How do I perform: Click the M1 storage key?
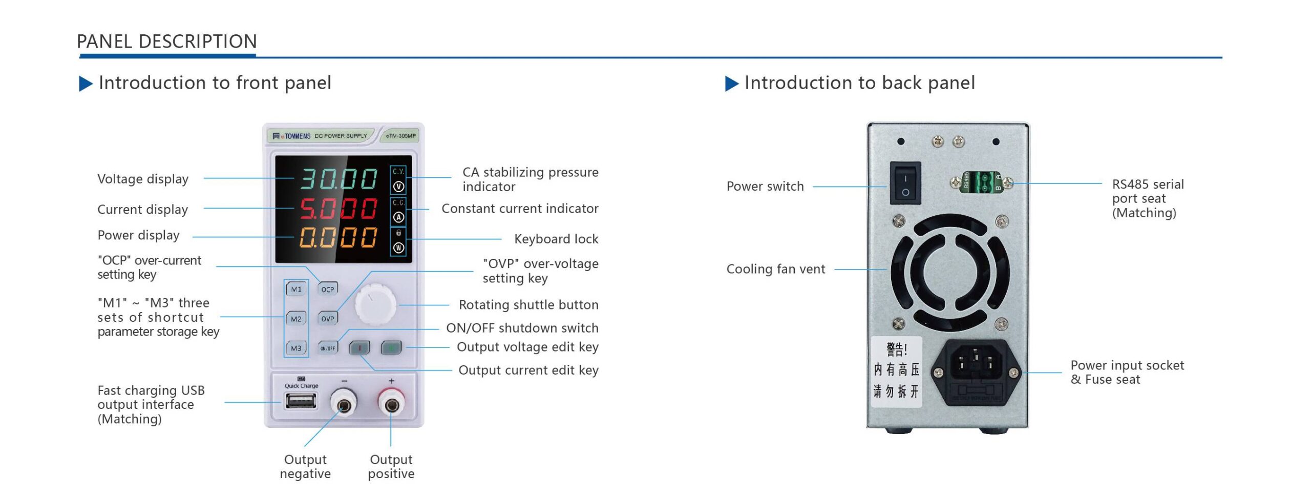point(296,289)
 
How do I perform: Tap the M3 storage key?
point(296,348)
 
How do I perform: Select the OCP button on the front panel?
point(328,289)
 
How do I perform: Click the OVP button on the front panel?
point(328,318)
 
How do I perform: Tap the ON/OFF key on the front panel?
point(328,348)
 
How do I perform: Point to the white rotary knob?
point(375,304)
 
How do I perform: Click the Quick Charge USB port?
point(301,400)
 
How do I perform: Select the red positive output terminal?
point(392,405)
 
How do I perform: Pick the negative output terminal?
point(344,405)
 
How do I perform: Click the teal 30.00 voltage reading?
point(339,179)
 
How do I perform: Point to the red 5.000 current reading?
point(339,209)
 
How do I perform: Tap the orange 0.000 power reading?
point(339,237)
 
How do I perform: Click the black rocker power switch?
point(905,183)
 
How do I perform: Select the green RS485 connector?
point(982,182)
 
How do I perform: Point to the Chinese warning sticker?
point(896,372)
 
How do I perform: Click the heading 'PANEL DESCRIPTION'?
point(167,42)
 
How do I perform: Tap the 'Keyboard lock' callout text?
point(556,239)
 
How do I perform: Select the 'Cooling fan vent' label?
point(775,269)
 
